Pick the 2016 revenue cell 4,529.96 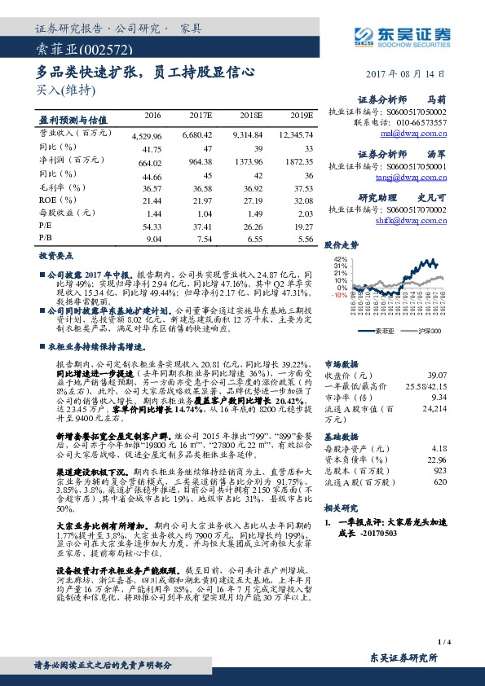147,133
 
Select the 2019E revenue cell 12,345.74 294,133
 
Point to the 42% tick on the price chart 341,259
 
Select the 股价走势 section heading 342,244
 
